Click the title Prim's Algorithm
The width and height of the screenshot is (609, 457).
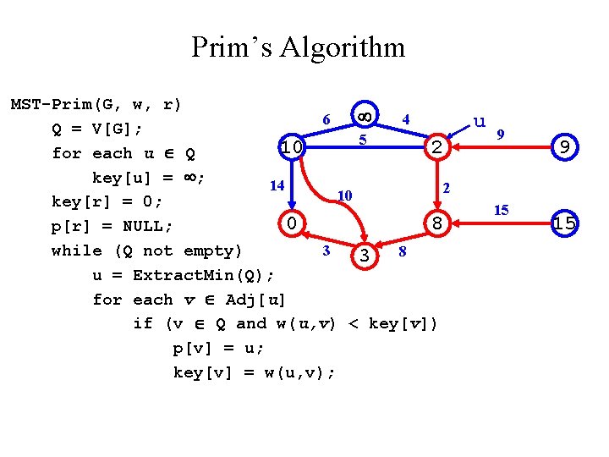point(298,47)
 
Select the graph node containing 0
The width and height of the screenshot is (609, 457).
point(291,224)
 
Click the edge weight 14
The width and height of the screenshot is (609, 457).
point(276,184)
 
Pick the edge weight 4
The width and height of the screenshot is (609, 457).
point(406,119)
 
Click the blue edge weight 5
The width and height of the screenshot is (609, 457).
point(362,138)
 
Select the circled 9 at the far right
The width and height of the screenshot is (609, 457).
point(564,148)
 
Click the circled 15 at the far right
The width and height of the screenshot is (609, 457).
point(564,224)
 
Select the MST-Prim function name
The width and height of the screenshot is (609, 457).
point(52,105)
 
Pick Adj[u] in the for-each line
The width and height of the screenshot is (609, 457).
point(259,300)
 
